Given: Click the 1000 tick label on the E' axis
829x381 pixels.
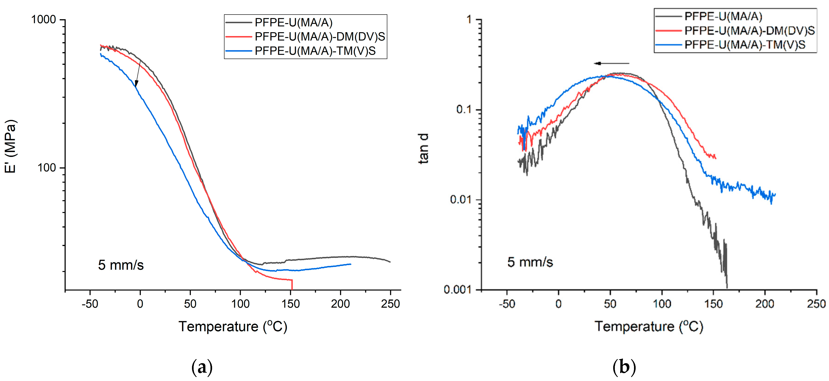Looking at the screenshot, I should [x=43, y=20].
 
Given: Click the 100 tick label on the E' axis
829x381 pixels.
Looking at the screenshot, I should [x=47, y=168].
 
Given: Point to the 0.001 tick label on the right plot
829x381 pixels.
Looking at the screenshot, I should [x=457, y=290].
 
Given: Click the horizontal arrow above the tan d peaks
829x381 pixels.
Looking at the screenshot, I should [x=611, y=63].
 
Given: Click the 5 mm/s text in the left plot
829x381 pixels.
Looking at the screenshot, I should [x=121, y=265].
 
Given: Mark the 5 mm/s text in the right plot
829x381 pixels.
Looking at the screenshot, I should [x=530, y=262].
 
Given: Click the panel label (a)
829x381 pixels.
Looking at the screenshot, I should [x=202, y=367].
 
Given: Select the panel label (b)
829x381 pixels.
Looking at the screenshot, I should [x=624, y=367].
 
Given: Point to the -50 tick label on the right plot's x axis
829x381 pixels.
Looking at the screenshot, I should [x=507, y=303].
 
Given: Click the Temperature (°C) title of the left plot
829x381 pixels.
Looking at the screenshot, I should [x=233, y=327].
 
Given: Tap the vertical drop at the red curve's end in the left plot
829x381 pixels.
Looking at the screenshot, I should [x=292, y=285].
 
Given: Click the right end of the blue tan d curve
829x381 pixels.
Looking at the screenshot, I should [x=775, y=194].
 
